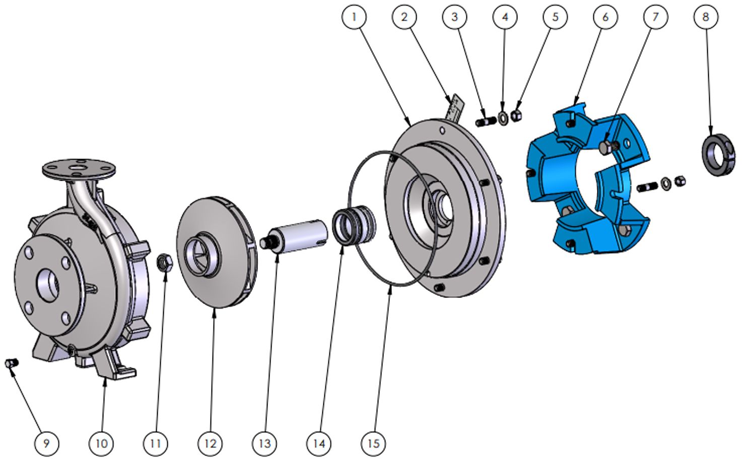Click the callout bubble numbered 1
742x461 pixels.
click(x=354, y=17)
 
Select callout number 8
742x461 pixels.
click(x=706, y=17)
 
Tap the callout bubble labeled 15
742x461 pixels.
click(x=374, y=443)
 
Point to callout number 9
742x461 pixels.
click(x=46, y=443)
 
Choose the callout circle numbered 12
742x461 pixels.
click(x=211, y=443)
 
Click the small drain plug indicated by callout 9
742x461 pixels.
click(x=12, y=363)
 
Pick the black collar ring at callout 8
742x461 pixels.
click(x=718, y=155)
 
